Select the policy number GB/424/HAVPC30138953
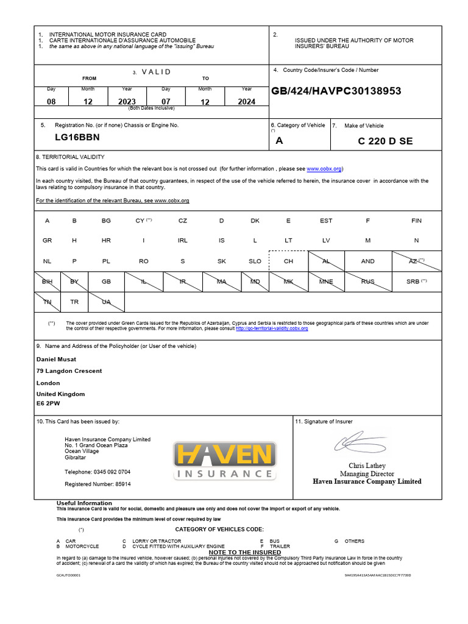(x=336, y=91)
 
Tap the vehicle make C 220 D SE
(x=385, y=141)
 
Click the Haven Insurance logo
(x=224, y=460)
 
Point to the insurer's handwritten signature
(x=359, y=442)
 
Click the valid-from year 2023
(x=127, y=102)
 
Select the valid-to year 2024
(x=246, y=102)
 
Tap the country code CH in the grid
(x=288, y=261)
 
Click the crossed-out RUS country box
(x=367, y=282)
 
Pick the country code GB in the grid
(x=106, y=282)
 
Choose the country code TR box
(x=74, y=302)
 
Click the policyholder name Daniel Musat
(x=57, y=360)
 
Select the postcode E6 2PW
(x=49, y=403)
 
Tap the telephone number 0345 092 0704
(x=97, y=472)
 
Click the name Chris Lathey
(x=367, y=466)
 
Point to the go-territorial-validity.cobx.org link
(x=272, y=328)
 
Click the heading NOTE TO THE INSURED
(x=244, y=552)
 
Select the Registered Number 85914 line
(x=97, y=484)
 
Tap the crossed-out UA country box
(x=106, y=302)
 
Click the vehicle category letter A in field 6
(x=280, y=141)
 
